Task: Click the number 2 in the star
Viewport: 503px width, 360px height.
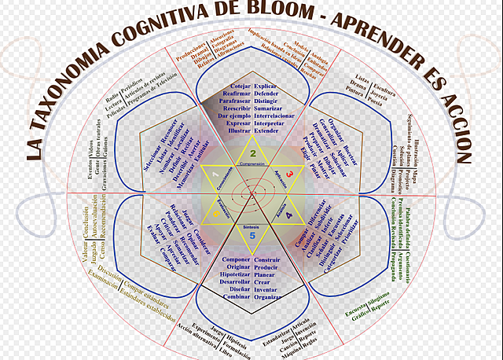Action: (x=252, y=152)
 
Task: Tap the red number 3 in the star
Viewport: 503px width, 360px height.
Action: (x=289, y=174)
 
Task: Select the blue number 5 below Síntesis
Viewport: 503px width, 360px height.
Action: (x=252, y=235)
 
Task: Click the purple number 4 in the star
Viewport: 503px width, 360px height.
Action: (x=288, y=214)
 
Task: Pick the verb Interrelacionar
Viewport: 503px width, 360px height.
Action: (x=276, y=115)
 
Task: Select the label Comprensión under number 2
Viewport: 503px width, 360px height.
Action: (x=252, y=164)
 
